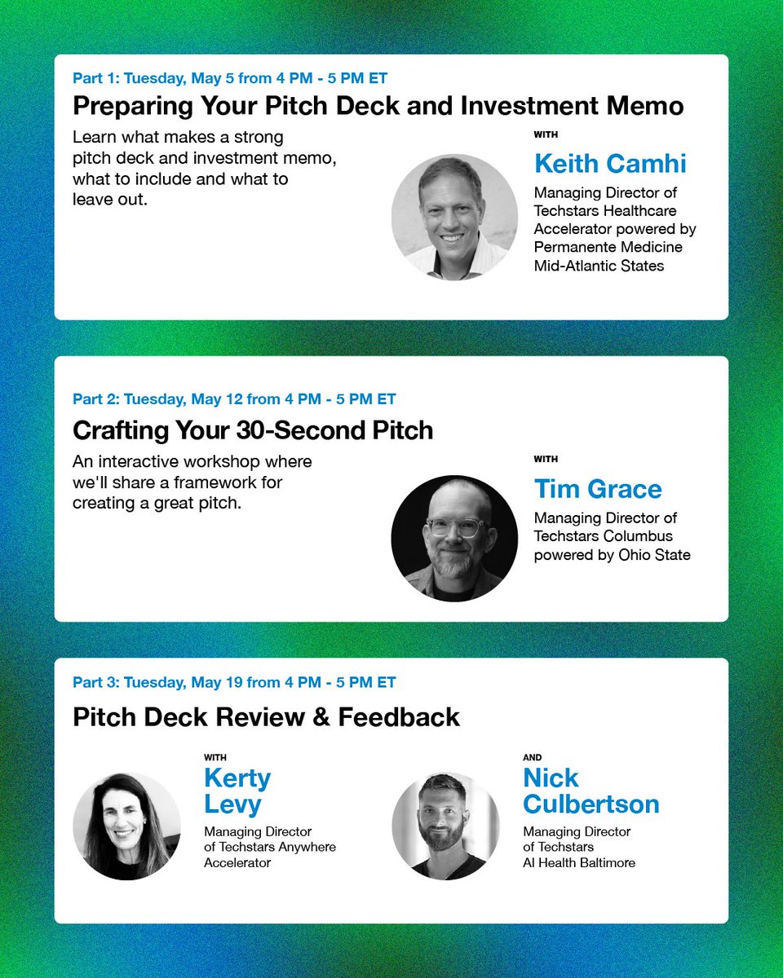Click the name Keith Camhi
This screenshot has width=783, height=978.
(610, 164)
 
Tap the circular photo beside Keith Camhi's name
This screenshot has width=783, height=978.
(454, 217)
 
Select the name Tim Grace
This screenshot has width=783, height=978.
(598, 489)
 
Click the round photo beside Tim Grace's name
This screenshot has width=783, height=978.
(454, 539)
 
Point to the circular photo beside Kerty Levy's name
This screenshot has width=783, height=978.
(126, 826)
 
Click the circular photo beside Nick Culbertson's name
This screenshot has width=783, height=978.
(445, 826)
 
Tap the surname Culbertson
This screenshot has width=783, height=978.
(591, 804)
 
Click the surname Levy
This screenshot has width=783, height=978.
(232, 804)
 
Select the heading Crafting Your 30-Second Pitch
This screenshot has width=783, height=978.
(253, 430)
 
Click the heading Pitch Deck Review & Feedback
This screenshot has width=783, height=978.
(266, 717)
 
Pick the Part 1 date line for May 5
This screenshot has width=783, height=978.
(230, 79)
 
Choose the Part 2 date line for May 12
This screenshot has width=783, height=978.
(234, 399)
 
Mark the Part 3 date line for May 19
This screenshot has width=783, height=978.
(234, 682)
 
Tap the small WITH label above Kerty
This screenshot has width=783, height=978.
(215, 758)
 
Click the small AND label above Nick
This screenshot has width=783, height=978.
(532, 758)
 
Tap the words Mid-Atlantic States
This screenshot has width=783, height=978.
(599, 266)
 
